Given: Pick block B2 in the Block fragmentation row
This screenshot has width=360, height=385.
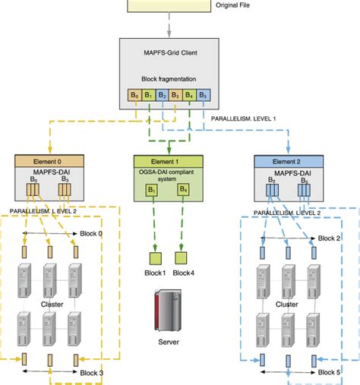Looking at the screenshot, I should [161, 96].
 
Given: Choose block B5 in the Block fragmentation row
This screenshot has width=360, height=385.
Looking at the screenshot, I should [202, 96].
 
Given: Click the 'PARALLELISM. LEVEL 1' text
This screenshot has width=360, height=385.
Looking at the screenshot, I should [243, 118].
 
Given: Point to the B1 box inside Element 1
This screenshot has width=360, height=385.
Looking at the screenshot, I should [151, 190].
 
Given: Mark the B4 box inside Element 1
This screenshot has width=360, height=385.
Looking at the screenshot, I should [183, 190].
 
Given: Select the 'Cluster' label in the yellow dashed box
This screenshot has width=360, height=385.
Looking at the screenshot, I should [52, 303].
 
